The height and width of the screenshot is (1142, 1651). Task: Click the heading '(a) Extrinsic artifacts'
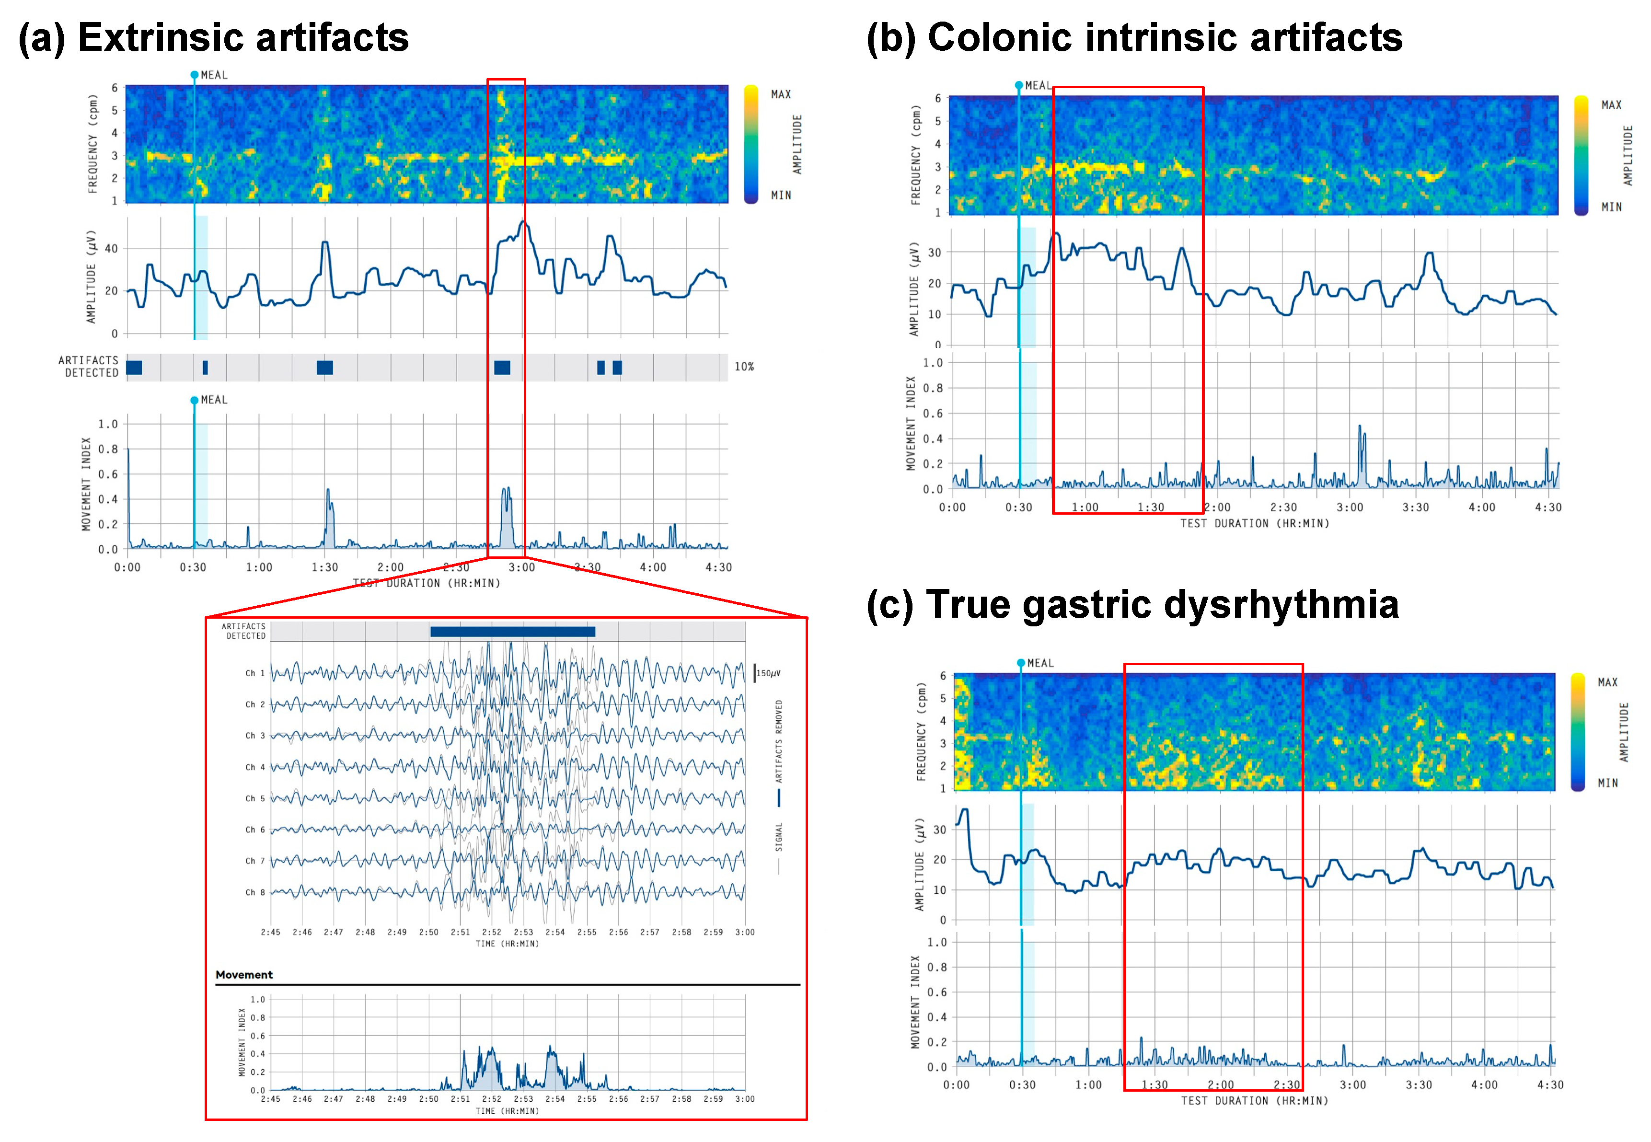213,37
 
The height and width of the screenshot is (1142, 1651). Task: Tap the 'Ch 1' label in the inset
255,673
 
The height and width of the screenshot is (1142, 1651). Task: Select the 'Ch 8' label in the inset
255,892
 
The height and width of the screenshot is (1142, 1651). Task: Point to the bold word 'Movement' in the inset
244,975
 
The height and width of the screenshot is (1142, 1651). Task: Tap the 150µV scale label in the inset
769,673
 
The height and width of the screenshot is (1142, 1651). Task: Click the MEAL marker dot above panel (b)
1019,85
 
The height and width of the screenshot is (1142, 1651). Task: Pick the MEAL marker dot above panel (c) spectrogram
1021,663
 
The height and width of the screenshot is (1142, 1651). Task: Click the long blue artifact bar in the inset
512,631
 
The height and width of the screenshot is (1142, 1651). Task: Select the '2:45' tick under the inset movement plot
270,1098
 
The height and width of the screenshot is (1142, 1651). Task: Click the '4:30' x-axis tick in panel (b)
1548,508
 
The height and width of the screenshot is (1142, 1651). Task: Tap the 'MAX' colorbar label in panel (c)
1607,682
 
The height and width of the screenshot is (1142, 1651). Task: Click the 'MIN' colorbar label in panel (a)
781,196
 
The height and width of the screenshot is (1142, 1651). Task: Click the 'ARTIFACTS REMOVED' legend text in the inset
779,740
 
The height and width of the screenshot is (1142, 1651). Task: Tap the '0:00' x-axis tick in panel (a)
127,567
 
